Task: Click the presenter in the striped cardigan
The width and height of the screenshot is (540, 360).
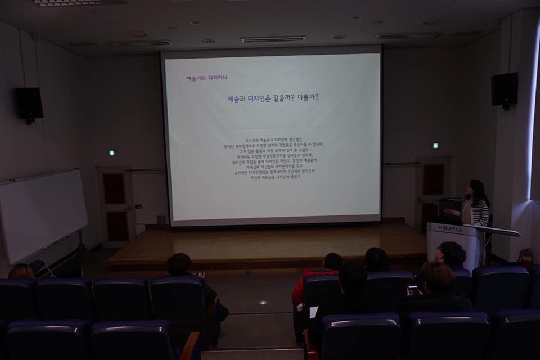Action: tap(476, 205)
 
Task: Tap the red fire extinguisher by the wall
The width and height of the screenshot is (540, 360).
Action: tap(526, 257)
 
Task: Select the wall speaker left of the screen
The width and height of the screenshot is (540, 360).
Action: tap(29, 103)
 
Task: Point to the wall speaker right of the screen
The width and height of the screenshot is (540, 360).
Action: tap(504, 89)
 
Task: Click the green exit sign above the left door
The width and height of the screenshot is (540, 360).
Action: tap(111, 152)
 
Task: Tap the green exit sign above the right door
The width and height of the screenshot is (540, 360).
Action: tap(435, 145)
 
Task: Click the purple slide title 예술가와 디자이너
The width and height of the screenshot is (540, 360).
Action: tap(207, 78)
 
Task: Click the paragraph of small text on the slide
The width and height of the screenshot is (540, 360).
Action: tap(273, 157)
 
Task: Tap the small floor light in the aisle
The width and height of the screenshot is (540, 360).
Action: tap(262, 303)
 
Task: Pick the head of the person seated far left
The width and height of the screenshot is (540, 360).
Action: tap(21, 271)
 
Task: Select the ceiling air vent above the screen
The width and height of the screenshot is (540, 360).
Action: tap(273, 39)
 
